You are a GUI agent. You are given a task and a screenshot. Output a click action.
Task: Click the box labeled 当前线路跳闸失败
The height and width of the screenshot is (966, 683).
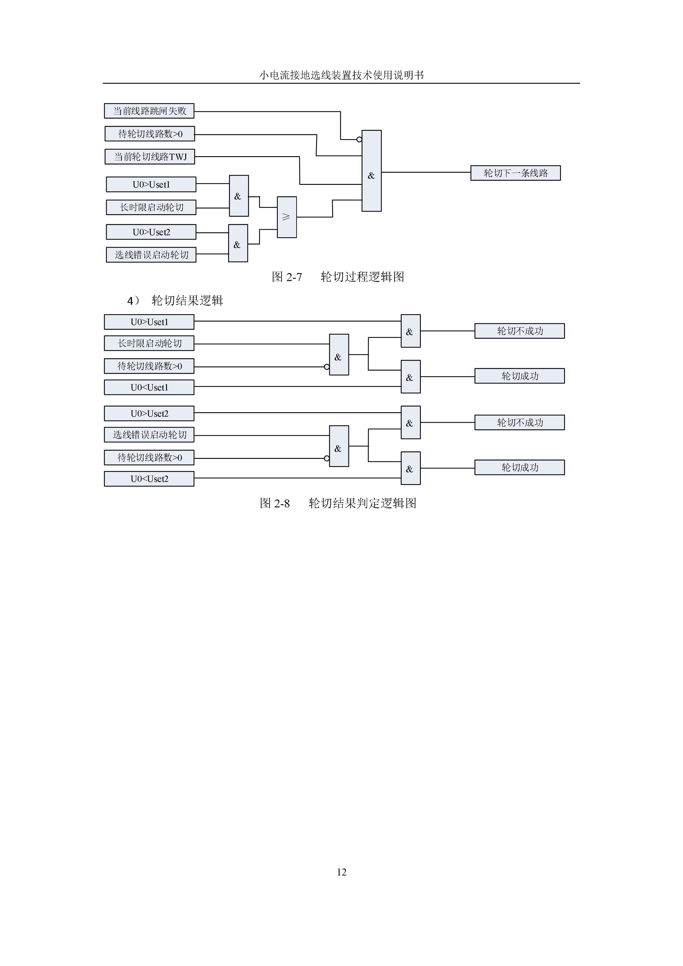tap(149, 111)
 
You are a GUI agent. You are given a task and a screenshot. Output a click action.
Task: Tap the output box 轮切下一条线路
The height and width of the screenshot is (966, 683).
tap(516, 173)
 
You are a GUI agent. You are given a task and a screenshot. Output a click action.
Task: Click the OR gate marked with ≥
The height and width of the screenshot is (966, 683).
tap(287, 217)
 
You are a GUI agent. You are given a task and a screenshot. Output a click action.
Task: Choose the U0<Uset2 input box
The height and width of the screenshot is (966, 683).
tap(149, 479)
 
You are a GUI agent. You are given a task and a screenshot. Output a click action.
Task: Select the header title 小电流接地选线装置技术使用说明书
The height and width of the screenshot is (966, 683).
tap(342, 75)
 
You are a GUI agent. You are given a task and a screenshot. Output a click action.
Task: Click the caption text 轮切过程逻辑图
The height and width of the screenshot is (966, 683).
tap(363, 277)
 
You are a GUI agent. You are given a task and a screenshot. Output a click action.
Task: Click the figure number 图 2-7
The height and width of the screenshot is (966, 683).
tap(287, 277)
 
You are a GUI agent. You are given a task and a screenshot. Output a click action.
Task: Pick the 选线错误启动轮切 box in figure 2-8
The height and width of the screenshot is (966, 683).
tap(149, 435)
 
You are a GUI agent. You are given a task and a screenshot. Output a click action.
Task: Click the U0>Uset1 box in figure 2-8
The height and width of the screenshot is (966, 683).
tap(149, 322)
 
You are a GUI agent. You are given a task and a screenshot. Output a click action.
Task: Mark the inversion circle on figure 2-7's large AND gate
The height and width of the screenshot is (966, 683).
tap(359, 139)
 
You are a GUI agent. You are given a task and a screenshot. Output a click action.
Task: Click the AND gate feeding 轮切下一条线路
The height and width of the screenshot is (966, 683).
tap(372, 171)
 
